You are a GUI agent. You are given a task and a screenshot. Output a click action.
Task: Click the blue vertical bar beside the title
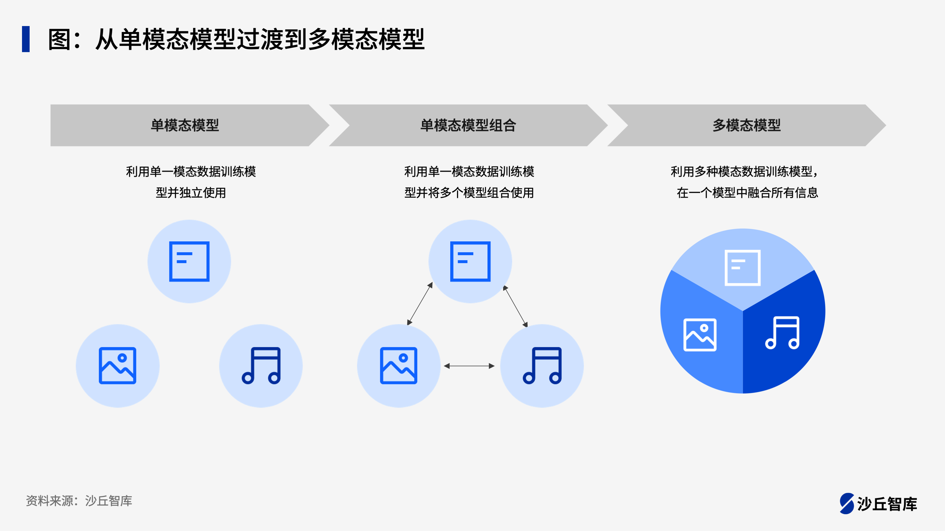click(26, 39)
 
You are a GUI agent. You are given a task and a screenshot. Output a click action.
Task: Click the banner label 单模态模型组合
click(468, 125)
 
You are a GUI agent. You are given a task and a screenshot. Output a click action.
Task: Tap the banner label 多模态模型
click(747, 125)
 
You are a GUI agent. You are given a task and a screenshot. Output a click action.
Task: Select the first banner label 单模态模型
click(185, 125)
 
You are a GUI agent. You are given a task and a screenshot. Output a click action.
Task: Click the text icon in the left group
click(189, 261)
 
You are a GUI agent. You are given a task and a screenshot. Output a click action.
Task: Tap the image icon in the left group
click(117, 366)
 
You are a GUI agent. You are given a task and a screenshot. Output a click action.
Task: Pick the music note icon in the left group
click(261, 366)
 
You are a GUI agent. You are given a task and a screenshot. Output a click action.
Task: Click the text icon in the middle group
click(470, 261)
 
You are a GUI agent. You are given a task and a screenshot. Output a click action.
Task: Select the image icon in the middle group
click(399, 366)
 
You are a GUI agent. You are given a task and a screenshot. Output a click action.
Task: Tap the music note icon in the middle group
click(542, 366)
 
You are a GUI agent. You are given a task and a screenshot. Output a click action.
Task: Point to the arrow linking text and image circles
click(420, 304)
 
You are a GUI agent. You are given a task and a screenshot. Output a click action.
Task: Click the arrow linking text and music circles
click(515, 306)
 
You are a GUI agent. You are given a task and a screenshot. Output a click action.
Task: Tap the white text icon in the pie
click(743, 267)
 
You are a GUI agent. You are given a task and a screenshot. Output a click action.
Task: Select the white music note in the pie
click(783, 333)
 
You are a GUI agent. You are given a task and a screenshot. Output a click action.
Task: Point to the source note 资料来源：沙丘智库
click(79, 501)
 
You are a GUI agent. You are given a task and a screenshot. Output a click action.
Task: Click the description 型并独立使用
click(191, 192)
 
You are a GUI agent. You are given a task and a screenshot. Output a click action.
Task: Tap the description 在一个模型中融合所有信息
click(747, 192)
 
